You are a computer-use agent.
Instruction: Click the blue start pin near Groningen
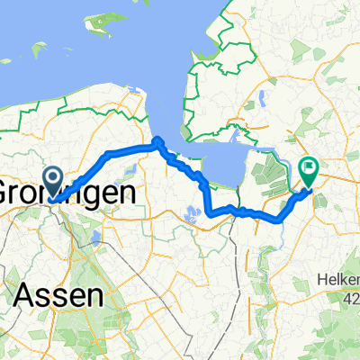point(55,179)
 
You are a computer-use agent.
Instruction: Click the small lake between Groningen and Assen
point(95,238)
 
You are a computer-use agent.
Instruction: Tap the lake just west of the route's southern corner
point(191,214)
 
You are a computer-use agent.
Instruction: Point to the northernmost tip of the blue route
point(157,139)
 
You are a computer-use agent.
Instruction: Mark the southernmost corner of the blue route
point(211,214)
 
